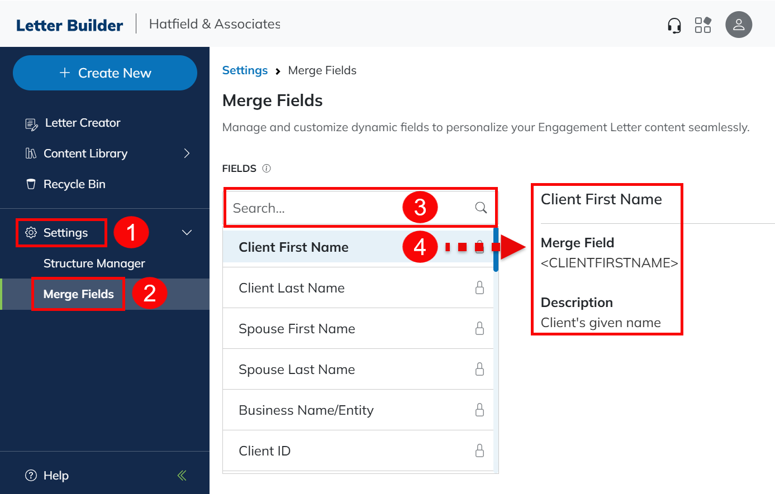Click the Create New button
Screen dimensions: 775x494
coord(105,73)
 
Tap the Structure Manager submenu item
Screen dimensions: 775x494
coord(94,263)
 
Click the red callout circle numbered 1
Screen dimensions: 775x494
coord(131,232)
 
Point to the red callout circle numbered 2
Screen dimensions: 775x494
coord(149,293)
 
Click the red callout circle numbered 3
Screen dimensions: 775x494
coord(420,208)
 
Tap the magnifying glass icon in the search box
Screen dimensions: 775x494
coord(481,208)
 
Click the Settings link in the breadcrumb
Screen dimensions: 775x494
coord(245,70)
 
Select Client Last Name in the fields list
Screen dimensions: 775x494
coord(292,288)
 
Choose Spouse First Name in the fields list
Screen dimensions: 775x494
coord(297,329)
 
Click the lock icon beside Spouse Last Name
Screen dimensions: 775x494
coord(479,369)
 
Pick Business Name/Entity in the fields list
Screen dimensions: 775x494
coord(306,410)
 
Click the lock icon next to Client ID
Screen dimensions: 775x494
coord(479,451)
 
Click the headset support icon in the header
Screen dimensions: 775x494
coord(674,25)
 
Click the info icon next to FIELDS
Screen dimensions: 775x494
coord(267,169)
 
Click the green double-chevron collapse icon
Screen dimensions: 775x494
coord(182,476)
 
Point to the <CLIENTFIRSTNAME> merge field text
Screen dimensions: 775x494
coord(609,263)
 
